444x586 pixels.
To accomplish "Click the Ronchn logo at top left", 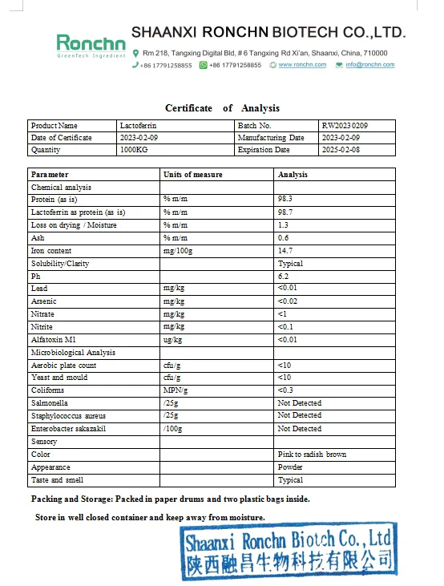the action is (91, 44).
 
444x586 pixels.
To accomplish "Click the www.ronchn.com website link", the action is (302, 65).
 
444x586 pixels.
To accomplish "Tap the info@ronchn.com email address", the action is (369, 65).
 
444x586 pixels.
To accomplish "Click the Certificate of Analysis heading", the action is (222, 108).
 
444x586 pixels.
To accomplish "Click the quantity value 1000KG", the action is (133, 150).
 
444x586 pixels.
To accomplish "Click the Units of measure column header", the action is (193, 175).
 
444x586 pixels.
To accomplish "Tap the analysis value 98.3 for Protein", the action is (285, 200).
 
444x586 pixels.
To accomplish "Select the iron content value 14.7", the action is (285, 251).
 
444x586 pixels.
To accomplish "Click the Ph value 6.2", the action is (283, 276).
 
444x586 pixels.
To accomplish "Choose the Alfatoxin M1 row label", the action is (54, 340).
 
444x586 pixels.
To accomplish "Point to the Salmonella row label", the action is (49, 403).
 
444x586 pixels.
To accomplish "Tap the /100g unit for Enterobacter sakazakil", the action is (173, 429).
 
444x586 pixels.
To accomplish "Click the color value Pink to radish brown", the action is (312, 455).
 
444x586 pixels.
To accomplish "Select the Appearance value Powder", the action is (290, 467).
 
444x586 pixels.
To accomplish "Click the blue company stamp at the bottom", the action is (286, 552).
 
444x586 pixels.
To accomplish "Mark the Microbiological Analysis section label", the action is (73, 353).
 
